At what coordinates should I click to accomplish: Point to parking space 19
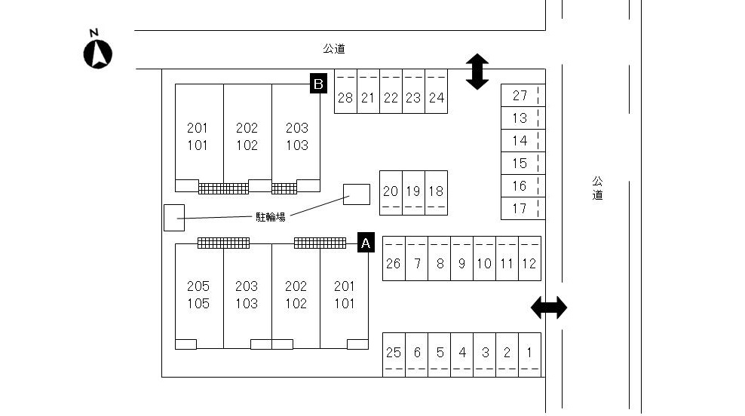(x=413, y=192)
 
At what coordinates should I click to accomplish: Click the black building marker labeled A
(x=366, y=242)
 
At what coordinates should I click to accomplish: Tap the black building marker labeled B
(x=318, y=84)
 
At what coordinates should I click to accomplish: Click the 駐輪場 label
(x=270, y=217)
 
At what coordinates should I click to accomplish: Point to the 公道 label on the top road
(x=334, y=49)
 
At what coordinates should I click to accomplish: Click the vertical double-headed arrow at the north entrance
(x=477, y=72)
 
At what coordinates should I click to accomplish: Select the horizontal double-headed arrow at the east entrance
(x=549, y=307)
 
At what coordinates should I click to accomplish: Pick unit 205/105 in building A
(x=199, y=295)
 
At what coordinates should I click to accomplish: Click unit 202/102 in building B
(x=247, y=136)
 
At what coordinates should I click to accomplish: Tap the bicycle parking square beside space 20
(x=357, y=194)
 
